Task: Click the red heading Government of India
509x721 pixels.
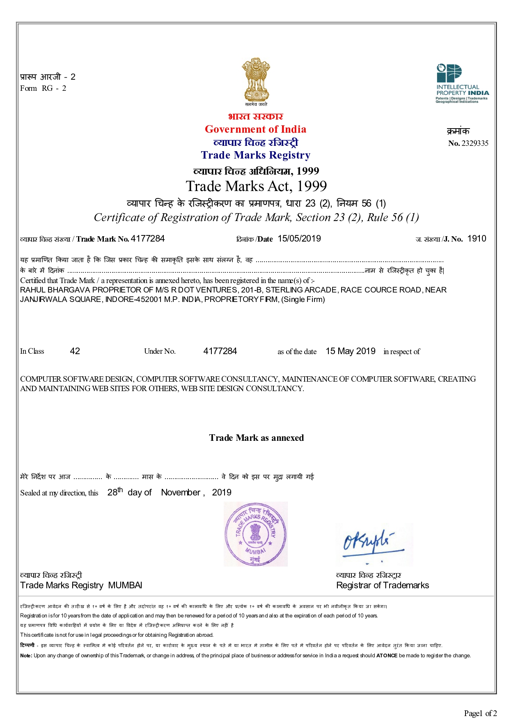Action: pyautogui.click(x=255, y=129)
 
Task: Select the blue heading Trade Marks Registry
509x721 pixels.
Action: pyautogui.click(x=255, y=155)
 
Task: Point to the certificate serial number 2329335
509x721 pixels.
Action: pyautogui.click(x=475, y=143)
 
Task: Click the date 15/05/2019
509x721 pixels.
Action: pyautogui.click(x=299, y=239)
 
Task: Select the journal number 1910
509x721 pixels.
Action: pyautogui.click(x=477, y=239)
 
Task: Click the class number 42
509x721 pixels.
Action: pyautogui.click(x=75, y=351)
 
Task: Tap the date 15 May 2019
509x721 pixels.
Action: pyautogui.click(x=351, y=351)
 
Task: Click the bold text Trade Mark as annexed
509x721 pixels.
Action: pyautogui.click(x=256, y=438)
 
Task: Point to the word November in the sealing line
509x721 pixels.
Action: pyautogui.click(x=181, y=493)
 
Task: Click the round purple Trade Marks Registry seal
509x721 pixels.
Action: pyautogui.click(x=255, y=534)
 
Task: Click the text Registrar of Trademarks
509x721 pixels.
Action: pyautogui.click(x=382, y=585)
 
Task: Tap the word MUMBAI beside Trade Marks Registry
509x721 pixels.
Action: pyautogui.click(x=125, y=585)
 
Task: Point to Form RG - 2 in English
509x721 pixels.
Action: pyautogui.click(x=43, y=88)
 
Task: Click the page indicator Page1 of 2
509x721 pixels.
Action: pyautogui.click(x=480, y=713)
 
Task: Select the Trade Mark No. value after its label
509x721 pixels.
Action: pyautogui.click(x=148, y=239)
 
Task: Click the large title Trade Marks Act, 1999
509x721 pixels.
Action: pyautogui.click(x=256, y=187)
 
